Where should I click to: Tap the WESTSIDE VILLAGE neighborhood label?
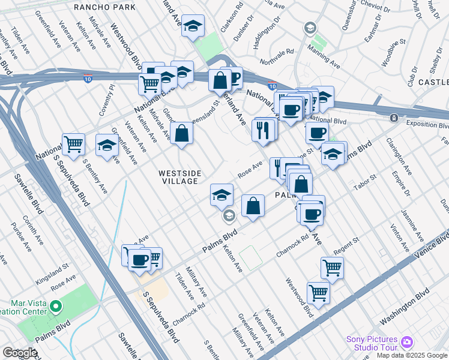coord(178,177)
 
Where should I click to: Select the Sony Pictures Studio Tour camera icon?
coord(408,342)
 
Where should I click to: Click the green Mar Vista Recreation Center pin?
coord(56,306)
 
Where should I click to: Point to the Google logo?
coord(20,353)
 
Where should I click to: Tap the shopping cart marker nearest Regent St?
coord(332,267)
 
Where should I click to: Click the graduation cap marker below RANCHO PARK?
coord(193,26)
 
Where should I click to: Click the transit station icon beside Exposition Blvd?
coord(394,118)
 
